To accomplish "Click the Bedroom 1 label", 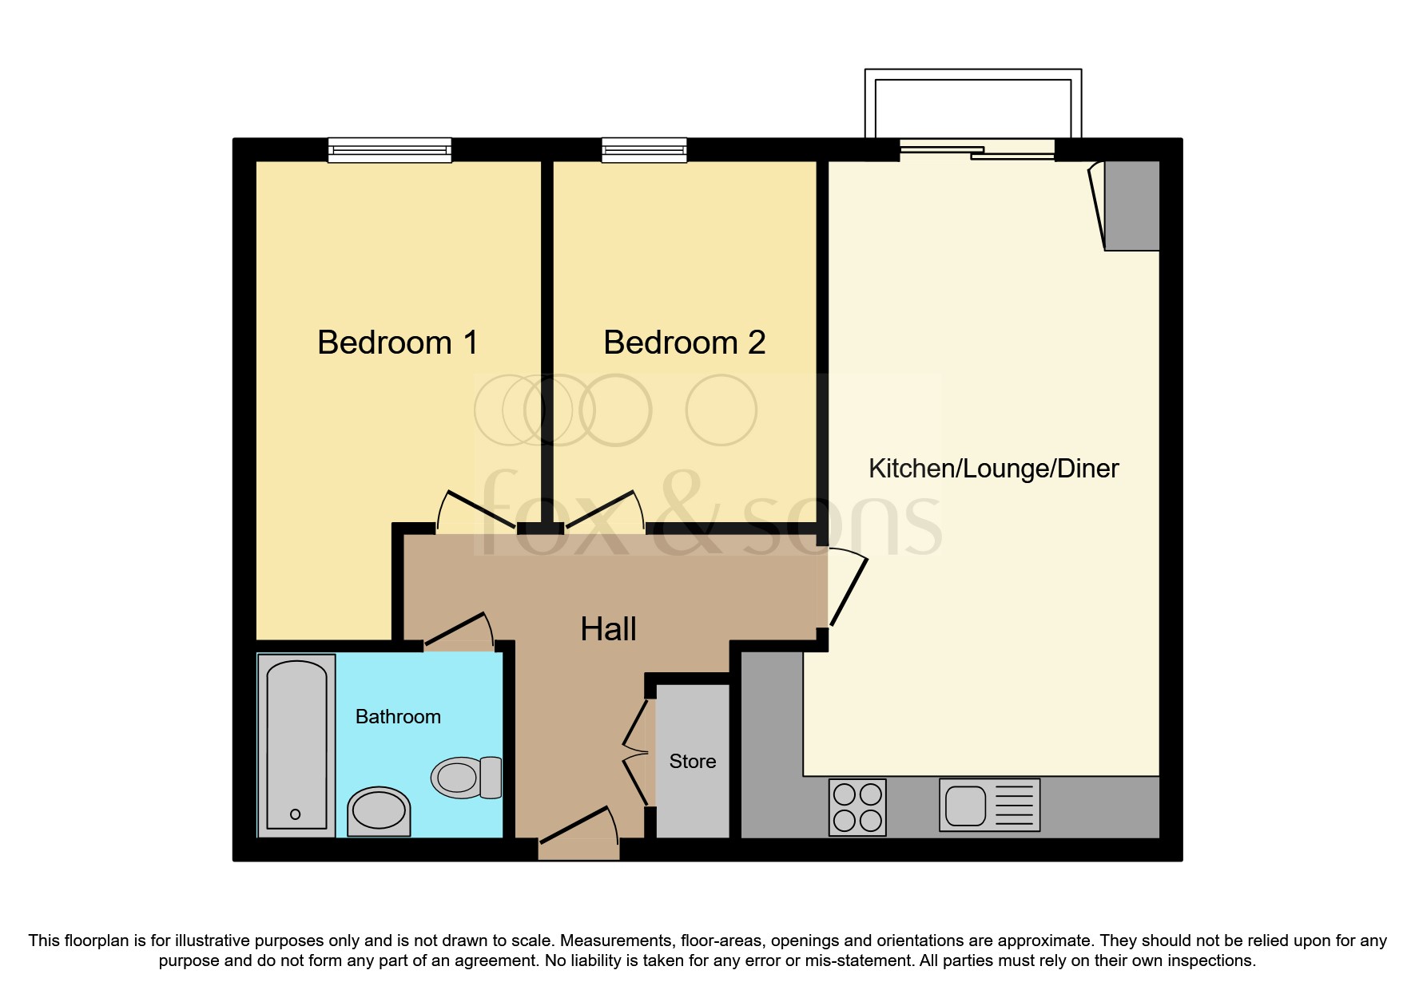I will coord(397,343).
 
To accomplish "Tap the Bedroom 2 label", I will coord(684,343).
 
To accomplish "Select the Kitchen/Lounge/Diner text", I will coord(993,469).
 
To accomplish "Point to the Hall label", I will coord(608,629).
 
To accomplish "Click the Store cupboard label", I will coord(692,762).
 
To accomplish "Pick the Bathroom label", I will coord(398,717).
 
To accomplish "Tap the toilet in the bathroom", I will coord(466,777).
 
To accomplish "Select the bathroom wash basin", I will coord(379,811).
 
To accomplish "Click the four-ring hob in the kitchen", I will coord(857,807).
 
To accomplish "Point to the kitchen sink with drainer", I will coord(989,805).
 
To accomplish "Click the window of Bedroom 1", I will coord(390,150).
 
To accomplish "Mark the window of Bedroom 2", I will coord(644,150).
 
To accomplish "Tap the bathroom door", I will coord(459,631).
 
